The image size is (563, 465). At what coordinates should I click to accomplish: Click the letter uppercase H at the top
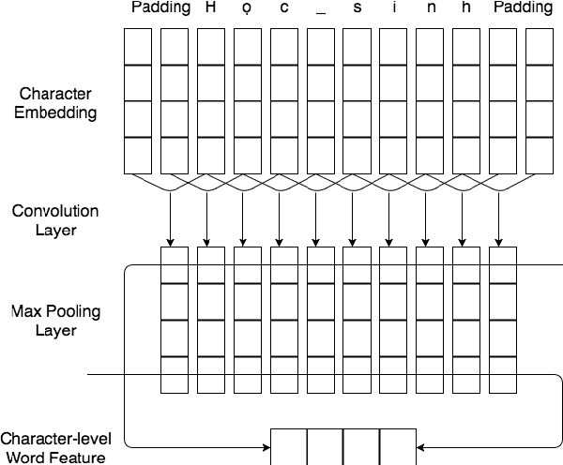click(210, 8)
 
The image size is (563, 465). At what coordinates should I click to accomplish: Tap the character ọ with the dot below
click(247, 10)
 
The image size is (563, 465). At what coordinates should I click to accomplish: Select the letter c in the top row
click(283, 9)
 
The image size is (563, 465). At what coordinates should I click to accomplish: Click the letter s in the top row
click(357, 9)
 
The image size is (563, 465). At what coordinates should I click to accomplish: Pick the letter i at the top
click(393, 8)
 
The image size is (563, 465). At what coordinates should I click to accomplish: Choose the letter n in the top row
click(430, 9)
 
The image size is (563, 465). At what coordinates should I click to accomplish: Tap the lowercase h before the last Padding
click(466, 8)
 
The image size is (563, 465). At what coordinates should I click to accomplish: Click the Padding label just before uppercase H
click(161, 8)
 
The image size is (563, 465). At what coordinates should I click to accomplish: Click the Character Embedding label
click(55, 103)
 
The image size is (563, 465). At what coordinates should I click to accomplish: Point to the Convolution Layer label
click(55, 219)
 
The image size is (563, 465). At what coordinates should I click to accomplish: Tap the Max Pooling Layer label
click(55, 320)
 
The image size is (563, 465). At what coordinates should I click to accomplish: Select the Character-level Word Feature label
click(54, 448)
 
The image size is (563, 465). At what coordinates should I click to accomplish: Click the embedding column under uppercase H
click(210, 100)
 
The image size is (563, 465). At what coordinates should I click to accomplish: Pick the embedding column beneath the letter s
click(357, 100)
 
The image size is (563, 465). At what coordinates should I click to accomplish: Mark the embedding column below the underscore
click(320, 100)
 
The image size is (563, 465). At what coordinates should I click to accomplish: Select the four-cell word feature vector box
click(343, 446)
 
